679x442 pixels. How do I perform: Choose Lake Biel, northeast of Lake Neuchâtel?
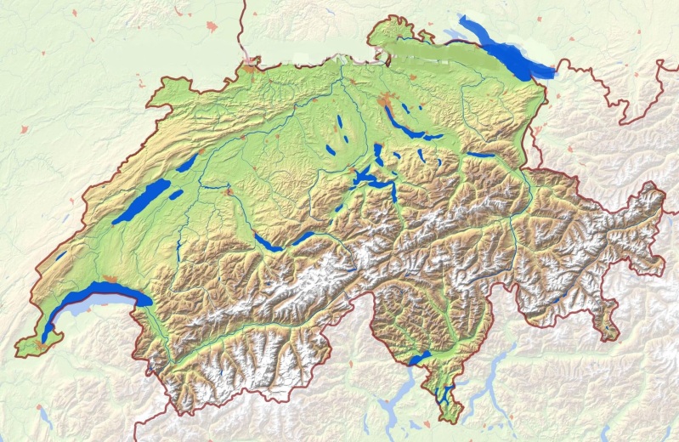(187, 161)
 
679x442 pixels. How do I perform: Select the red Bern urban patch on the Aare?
(228, 192)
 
